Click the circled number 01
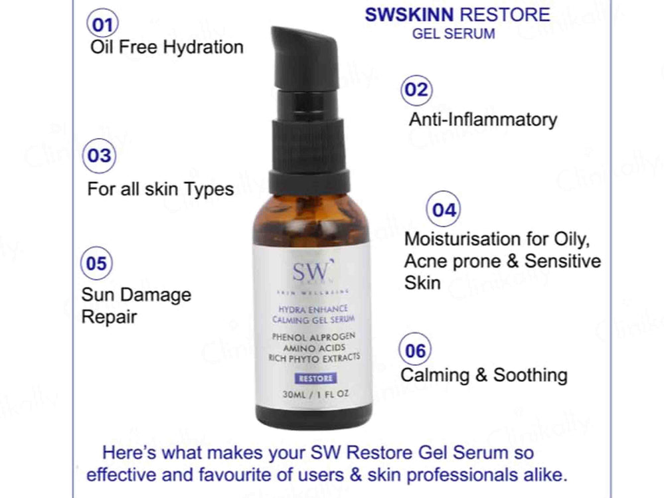tap(102, 25)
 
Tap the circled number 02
tap(416, 90)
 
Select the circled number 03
tap(99, 156)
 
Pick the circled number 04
tap(444, 210)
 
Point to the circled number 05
tap(96, 264)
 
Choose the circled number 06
tap(415, 350)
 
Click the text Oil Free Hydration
tap(167, 47)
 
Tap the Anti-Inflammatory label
tap(483, 120)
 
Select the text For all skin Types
tap(161, 189)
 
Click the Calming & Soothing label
tap(483, 375)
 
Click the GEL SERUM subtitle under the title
tap(454, 34)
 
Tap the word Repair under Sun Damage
tap(109, 317)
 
